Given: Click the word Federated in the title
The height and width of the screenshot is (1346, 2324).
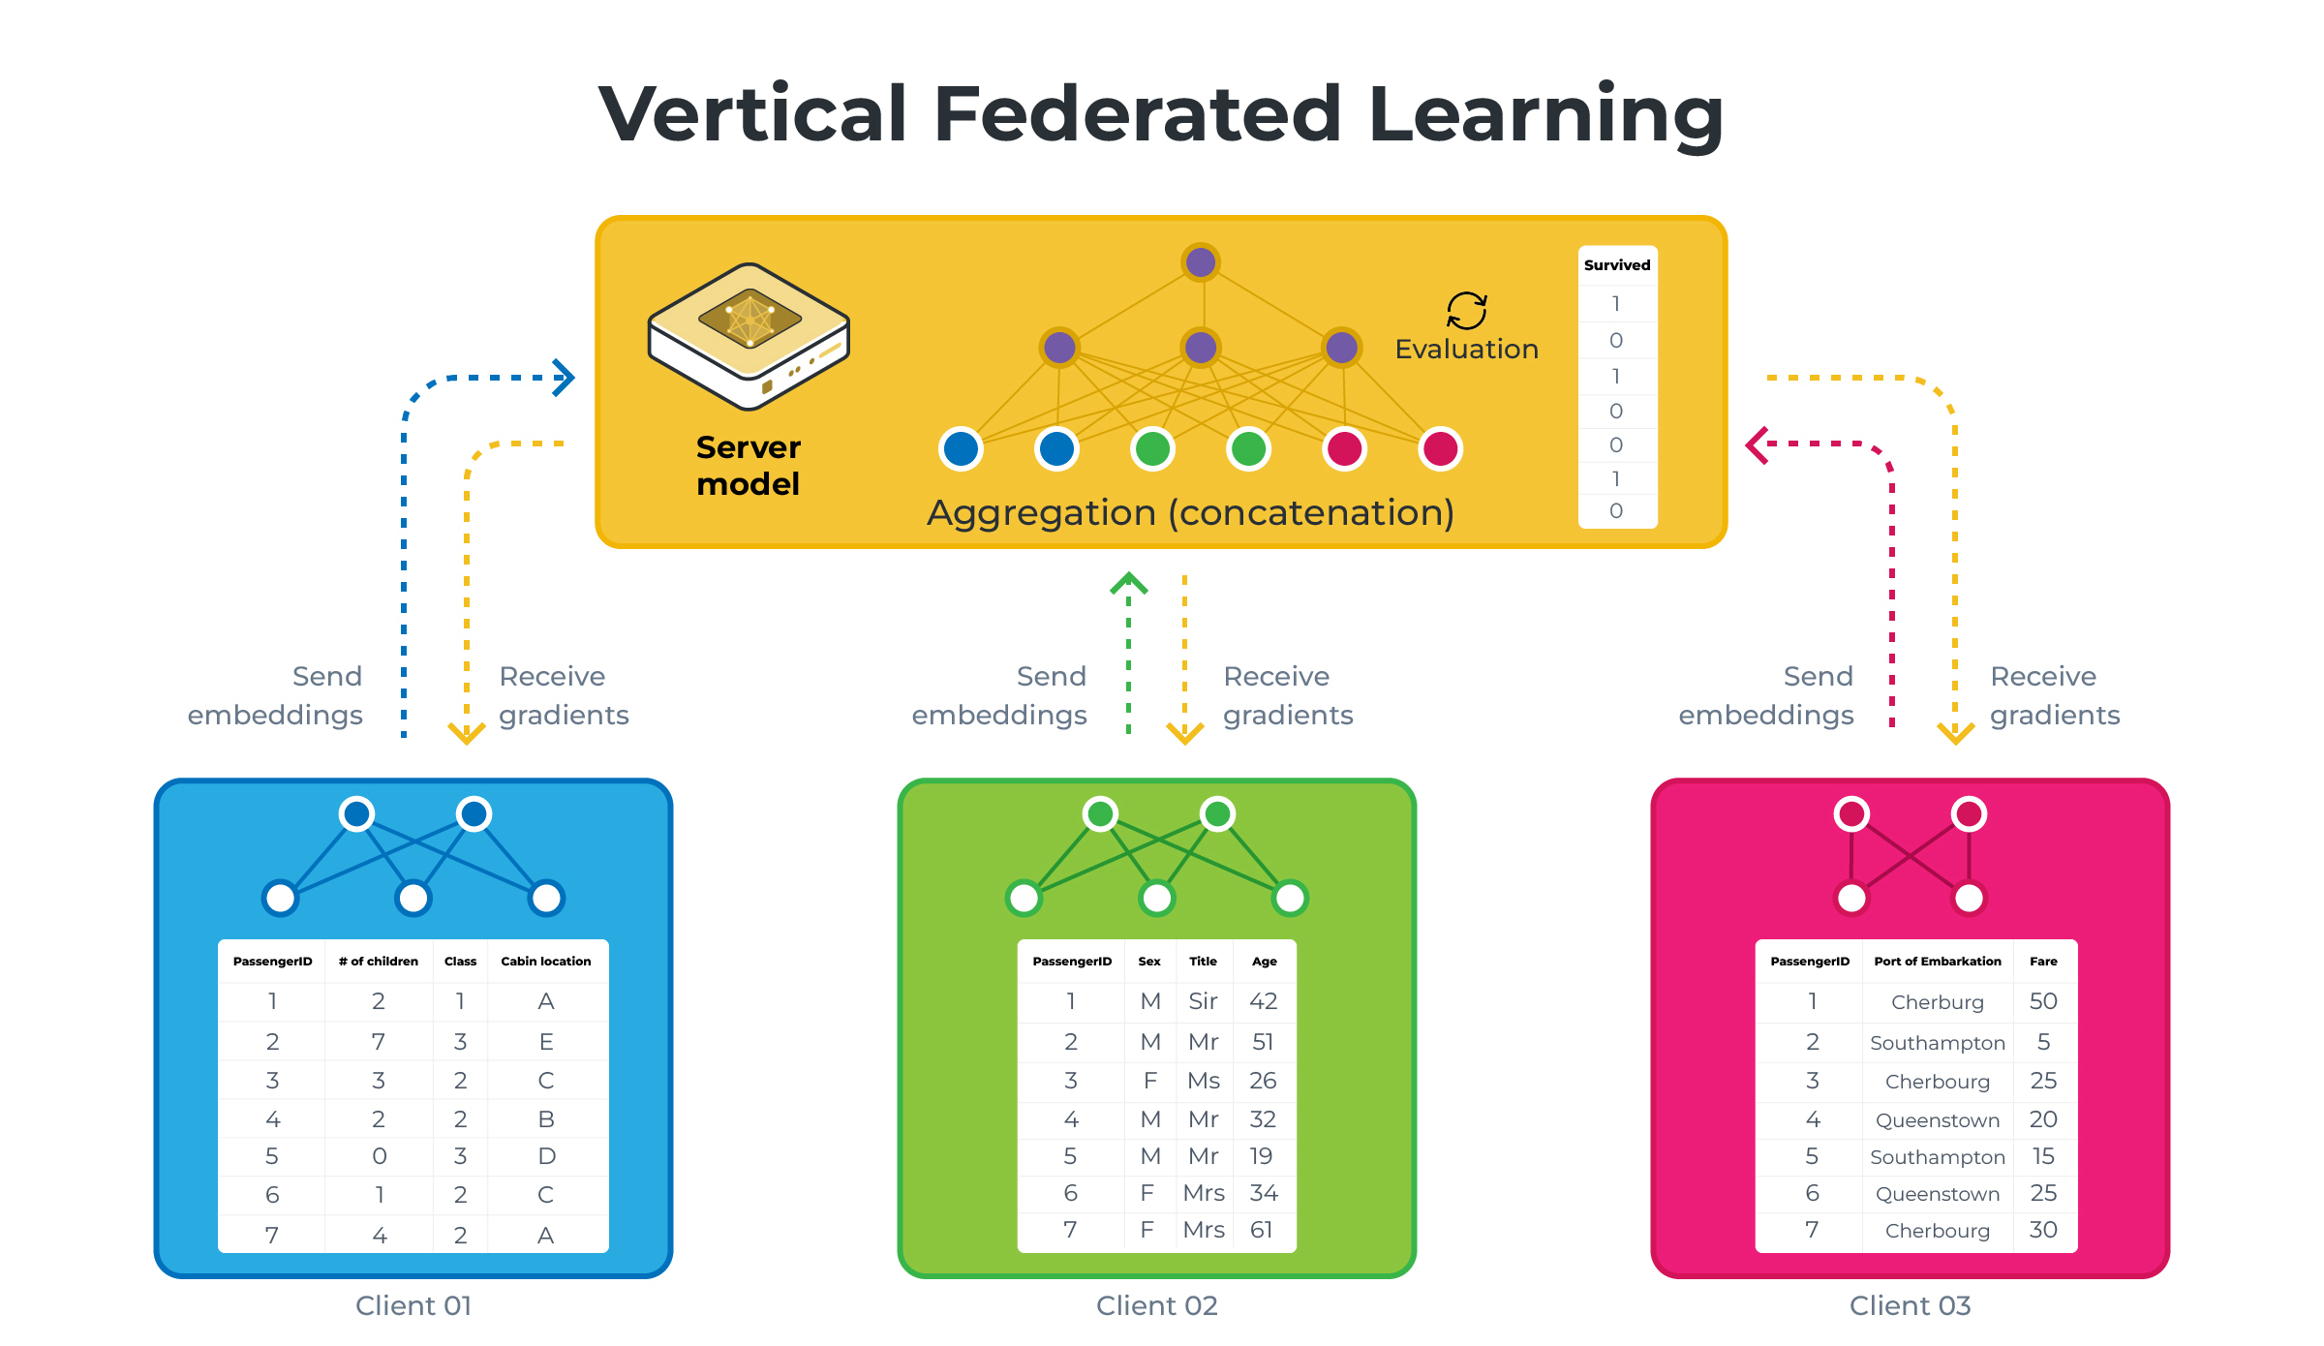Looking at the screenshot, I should (1137, 114).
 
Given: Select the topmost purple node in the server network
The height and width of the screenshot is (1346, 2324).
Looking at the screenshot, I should (1201, 262).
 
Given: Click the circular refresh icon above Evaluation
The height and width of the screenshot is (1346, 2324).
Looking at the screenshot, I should (1466, 311).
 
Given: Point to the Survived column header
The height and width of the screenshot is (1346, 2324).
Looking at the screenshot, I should (1616, 265).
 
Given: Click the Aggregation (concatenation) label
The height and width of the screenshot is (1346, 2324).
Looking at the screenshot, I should (1190, 512).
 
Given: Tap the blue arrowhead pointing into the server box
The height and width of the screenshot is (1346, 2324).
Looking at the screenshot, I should (565, 378).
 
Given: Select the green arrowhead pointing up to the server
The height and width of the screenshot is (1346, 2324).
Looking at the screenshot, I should (1128, 583).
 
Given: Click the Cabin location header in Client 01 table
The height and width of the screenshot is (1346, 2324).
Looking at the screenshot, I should (545, 962).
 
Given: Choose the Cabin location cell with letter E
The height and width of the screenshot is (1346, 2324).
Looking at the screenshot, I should (546, 1042).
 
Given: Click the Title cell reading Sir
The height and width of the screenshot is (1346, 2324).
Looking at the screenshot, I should (1203, 1001).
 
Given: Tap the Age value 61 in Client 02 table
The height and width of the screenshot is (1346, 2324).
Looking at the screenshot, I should (1261, 1230).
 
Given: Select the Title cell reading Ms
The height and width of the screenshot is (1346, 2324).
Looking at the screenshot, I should (1204, 1081).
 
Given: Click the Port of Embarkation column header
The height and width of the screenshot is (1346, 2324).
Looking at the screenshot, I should (1937, 962).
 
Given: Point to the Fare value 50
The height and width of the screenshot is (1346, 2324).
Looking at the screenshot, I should (2043, 1001).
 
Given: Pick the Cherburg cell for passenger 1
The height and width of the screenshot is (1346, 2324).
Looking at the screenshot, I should (1937, 1002).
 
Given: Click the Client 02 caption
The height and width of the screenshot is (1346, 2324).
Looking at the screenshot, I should (1156, 1306).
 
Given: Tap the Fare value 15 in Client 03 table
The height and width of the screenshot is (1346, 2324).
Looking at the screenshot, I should (2043, 1156).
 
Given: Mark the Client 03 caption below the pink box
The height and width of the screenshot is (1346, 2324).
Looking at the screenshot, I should (1910, 1306).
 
